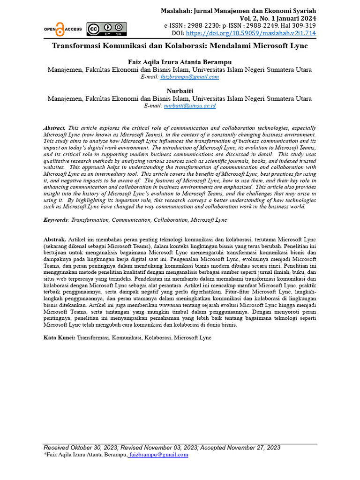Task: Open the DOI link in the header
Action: coord(251,33)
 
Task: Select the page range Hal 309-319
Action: coord(296,26)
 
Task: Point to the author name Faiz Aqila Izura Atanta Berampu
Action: coord(180,62)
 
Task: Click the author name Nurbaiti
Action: coord(180,90)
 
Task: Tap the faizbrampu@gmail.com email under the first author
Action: coord(189,77)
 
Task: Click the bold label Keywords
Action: coord(55,219)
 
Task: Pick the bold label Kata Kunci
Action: coord(59,337)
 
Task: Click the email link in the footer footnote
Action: coord(158,454)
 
